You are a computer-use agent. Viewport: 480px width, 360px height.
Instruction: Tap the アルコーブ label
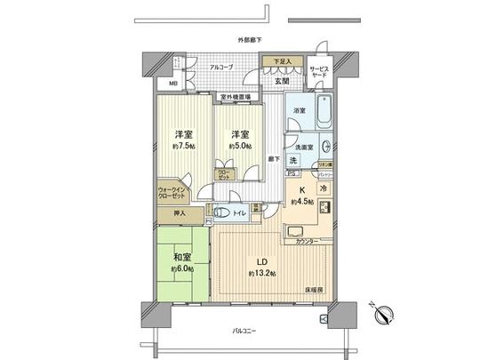point(221,67)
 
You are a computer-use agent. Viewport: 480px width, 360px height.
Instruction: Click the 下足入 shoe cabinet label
point(279,63)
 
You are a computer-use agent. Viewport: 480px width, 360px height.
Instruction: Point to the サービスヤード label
point(319,72)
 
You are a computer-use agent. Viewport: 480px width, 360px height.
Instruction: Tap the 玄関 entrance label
point(281,81)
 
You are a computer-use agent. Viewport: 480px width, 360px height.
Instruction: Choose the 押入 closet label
point(180,213)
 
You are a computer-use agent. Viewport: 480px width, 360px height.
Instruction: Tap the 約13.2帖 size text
point(263,272)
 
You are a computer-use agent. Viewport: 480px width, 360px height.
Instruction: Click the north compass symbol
point(385,313)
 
